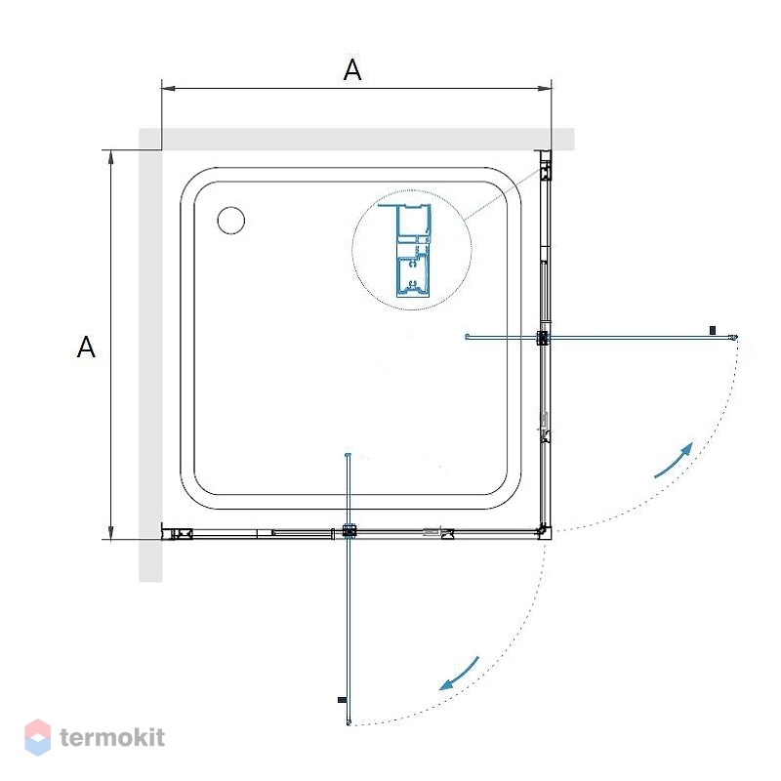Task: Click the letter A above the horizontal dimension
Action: [352, 69]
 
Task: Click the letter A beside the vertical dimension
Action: [86, 348]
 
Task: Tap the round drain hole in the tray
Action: [231, 221]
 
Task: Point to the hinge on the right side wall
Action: [543, 338]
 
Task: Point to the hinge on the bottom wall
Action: [349, 531]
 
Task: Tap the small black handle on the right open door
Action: [713, 330]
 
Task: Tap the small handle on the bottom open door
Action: [343, 700]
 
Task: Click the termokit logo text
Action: [112, 738]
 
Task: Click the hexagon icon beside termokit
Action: [38, 737]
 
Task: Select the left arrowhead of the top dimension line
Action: [167, 89]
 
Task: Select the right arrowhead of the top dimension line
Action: [546, 89]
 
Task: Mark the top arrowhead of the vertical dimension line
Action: [111, 156]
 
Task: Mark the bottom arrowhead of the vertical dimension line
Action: [111, 532]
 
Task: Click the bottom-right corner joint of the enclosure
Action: [544, 531]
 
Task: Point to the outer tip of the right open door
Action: [734, 338]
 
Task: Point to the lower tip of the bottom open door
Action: [349, 722]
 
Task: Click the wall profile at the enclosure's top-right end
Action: [546, 165]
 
